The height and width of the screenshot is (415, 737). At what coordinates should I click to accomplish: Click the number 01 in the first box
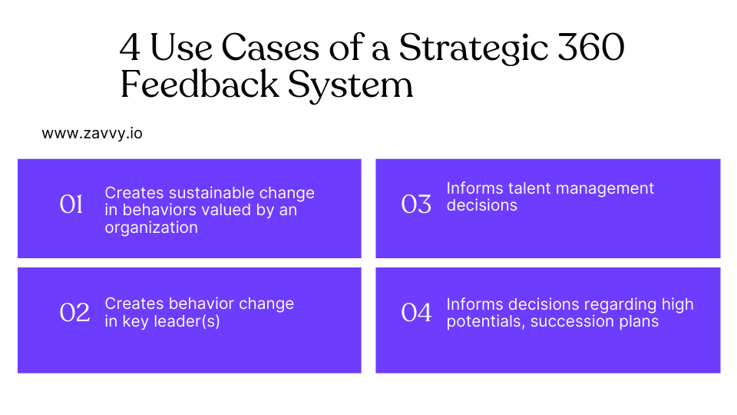pyautogui.click(x=71, y=204)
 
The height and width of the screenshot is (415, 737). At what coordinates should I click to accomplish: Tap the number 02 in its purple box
pyautogui.click(x=74, y=313)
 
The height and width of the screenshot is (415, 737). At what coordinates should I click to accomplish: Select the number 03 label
pyautogui.click(x=416, y=204)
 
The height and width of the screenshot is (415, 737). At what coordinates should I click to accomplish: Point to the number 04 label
pyautogui.click(x=416, y=313)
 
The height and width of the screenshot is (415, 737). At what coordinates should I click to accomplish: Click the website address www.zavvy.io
pyautogui.click(x=92, y=134)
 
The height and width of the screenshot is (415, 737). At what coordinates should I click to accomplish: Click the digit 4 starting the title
pyautogui.click(x=130, y=48)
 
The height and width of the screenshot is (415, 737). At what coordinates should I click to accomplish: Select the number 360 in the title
pyautogui.click(x=591, y=48)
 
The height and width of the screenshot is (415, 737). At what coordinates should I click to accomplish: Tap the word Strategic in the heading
pyautogui.click(x=474, y=49)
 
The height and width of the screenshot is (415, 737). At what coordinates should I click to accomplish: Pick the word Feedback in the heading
pyautogui.click(x=200, y=85)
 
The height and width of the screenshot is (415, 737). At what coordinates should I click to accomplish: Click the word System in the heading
pyautogui.click(x=350, y=86)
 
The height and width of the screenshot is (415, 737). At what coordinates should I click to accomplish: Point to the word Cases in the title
pyautogui.click(x=270, y=48)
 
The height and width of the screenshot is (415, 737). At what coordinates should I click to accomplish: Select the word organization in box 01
pyautogui.click(x=151, y=228)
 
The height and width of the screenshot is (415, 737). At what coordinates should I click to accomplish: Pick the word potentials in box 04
pyautogui.click(x=486, y=322)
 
